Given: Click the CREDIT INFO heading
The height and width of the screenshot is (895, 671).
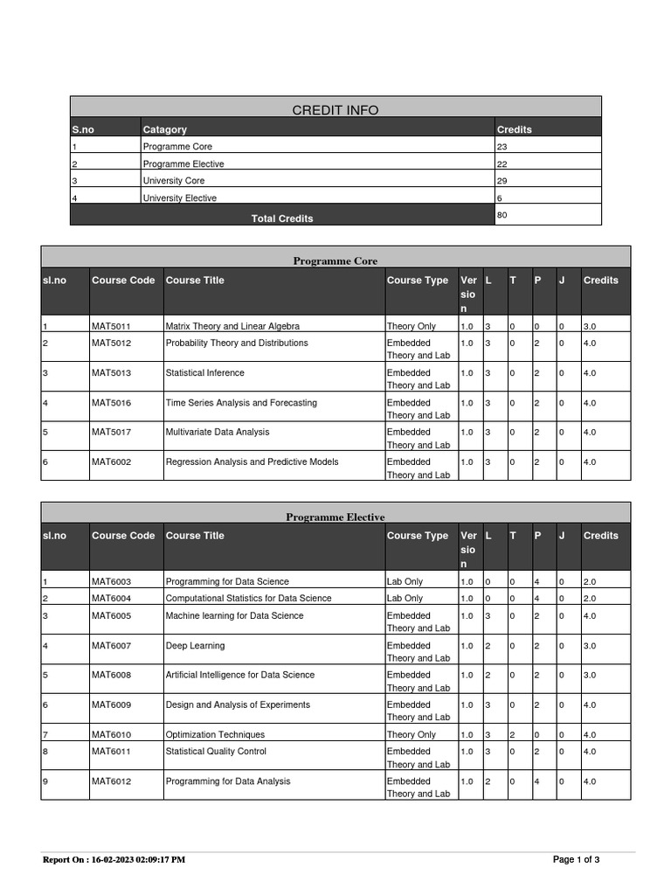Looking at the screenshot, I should (x=335, y=110).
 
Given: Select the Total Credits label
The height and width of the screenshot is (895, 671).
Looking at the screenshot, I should (x=282, y=219).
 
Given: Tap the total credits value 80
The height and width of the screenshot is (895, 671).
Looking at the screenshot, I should (x=502, y=214).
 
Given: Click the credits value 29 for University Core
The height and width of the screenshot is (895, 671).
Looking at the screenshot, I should (x=502, y=181).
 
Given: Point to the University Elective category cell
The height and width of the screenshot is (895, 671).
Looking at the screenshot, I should (x=179, y=198).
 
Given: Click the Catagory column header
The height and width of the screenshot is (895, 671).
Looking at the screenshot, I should (x=164, y=129).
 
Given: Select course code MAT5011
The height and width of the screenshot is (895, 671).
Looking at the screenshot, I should (x=111, y=326).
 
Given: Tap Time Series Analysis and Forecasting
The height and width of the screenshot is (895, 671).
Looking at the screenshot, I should (x=241, y=403).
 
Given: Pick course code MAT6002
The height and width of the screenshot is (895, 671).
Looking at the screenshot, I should (x=111, y=461).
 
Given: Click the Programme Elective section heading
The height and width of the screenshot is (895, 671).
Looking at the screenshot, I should (x=335, y=517).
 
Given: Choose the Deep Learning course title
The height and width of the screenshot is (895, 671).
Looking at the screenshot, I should (x=195, y=646).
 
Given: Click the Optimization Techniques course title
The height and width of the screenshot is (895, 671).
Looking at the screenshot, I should (x=215, y=735).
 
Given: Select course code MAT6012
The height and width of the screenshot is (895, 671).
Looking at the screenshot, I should (x=111, y=781).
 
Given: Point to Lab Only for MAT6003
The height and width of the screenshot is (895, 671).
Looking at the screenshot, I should (x=405, y=581).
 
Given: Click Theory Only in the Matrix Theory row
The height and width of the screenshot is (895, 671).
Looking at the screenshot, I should (x=411, y=326).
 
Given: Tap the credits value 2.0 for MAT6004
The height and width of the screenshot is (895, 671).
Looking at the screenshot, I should (x=590, y=599).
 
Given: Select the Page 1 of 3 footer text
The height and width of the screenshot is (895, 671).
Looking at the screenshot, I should (x=576, y=860).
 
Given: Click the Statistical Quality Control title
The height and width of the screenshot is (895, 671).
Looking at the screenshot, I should (x=216, y=752).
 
